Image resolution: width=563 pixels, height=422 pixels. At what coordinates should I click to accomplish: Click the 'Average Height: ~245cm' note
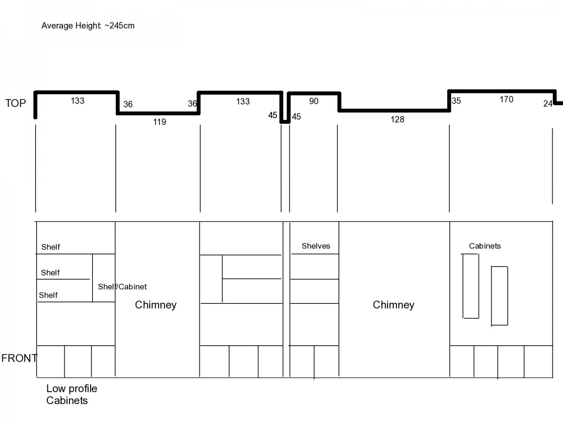click(88, 26)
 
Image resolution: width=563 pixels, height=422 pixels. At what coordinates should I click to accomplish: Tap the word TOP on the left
click(15, 103)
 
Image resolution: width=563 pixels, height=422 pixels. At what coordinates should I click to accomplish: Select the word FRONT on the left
click(19, 358)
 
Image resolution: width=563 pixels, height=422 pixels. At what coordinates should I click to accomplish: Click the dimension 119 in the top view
click(160, 122)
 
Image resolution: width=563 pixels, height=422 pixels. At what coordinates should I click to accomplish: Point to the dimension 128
click(397, 120)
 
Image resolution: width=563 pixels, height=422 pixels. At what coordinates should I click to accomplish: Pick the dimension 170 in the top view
click(506, 99)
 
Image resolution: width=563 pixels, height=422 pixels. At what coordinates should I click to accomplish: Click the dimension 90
click(314, 101)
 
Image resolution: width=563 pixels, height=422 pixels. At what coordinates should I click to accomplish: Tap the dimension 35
click(456, 101)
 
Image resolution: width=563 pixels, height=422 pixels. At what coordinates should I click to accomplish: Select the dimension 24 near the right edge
click(548, 104)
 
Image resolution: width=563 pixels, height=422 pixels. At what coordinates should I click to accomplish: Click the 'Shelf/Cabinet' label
click(122, 286)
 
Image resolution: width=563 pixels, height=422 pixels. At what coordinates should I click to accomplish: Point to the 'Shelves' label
click(316, 246)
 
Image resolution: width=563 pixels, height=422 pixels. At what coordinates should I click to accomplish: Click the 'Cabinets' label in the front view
click(485, 246)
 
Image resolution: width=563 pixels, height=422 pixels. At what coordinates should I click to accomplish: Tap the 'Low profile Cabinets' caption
click(72, 395)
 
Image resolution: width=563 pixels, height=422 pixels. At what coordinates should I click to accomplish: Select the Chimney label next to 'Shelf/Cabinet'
click(156, 305)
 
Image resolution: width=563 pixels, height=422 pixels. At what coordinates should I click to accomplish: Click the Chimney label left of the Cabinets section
click(394, 305)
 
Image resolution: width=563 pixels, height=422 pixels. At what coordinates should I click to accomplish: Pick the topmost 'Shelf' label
click(51, 247)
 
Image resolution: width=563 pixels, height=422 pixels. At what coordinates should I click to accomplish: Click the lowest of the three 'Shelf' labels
click(48, 295)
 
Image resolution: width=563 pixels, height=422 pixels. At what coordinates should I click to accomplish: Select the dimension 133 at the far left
click(77, 101)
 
